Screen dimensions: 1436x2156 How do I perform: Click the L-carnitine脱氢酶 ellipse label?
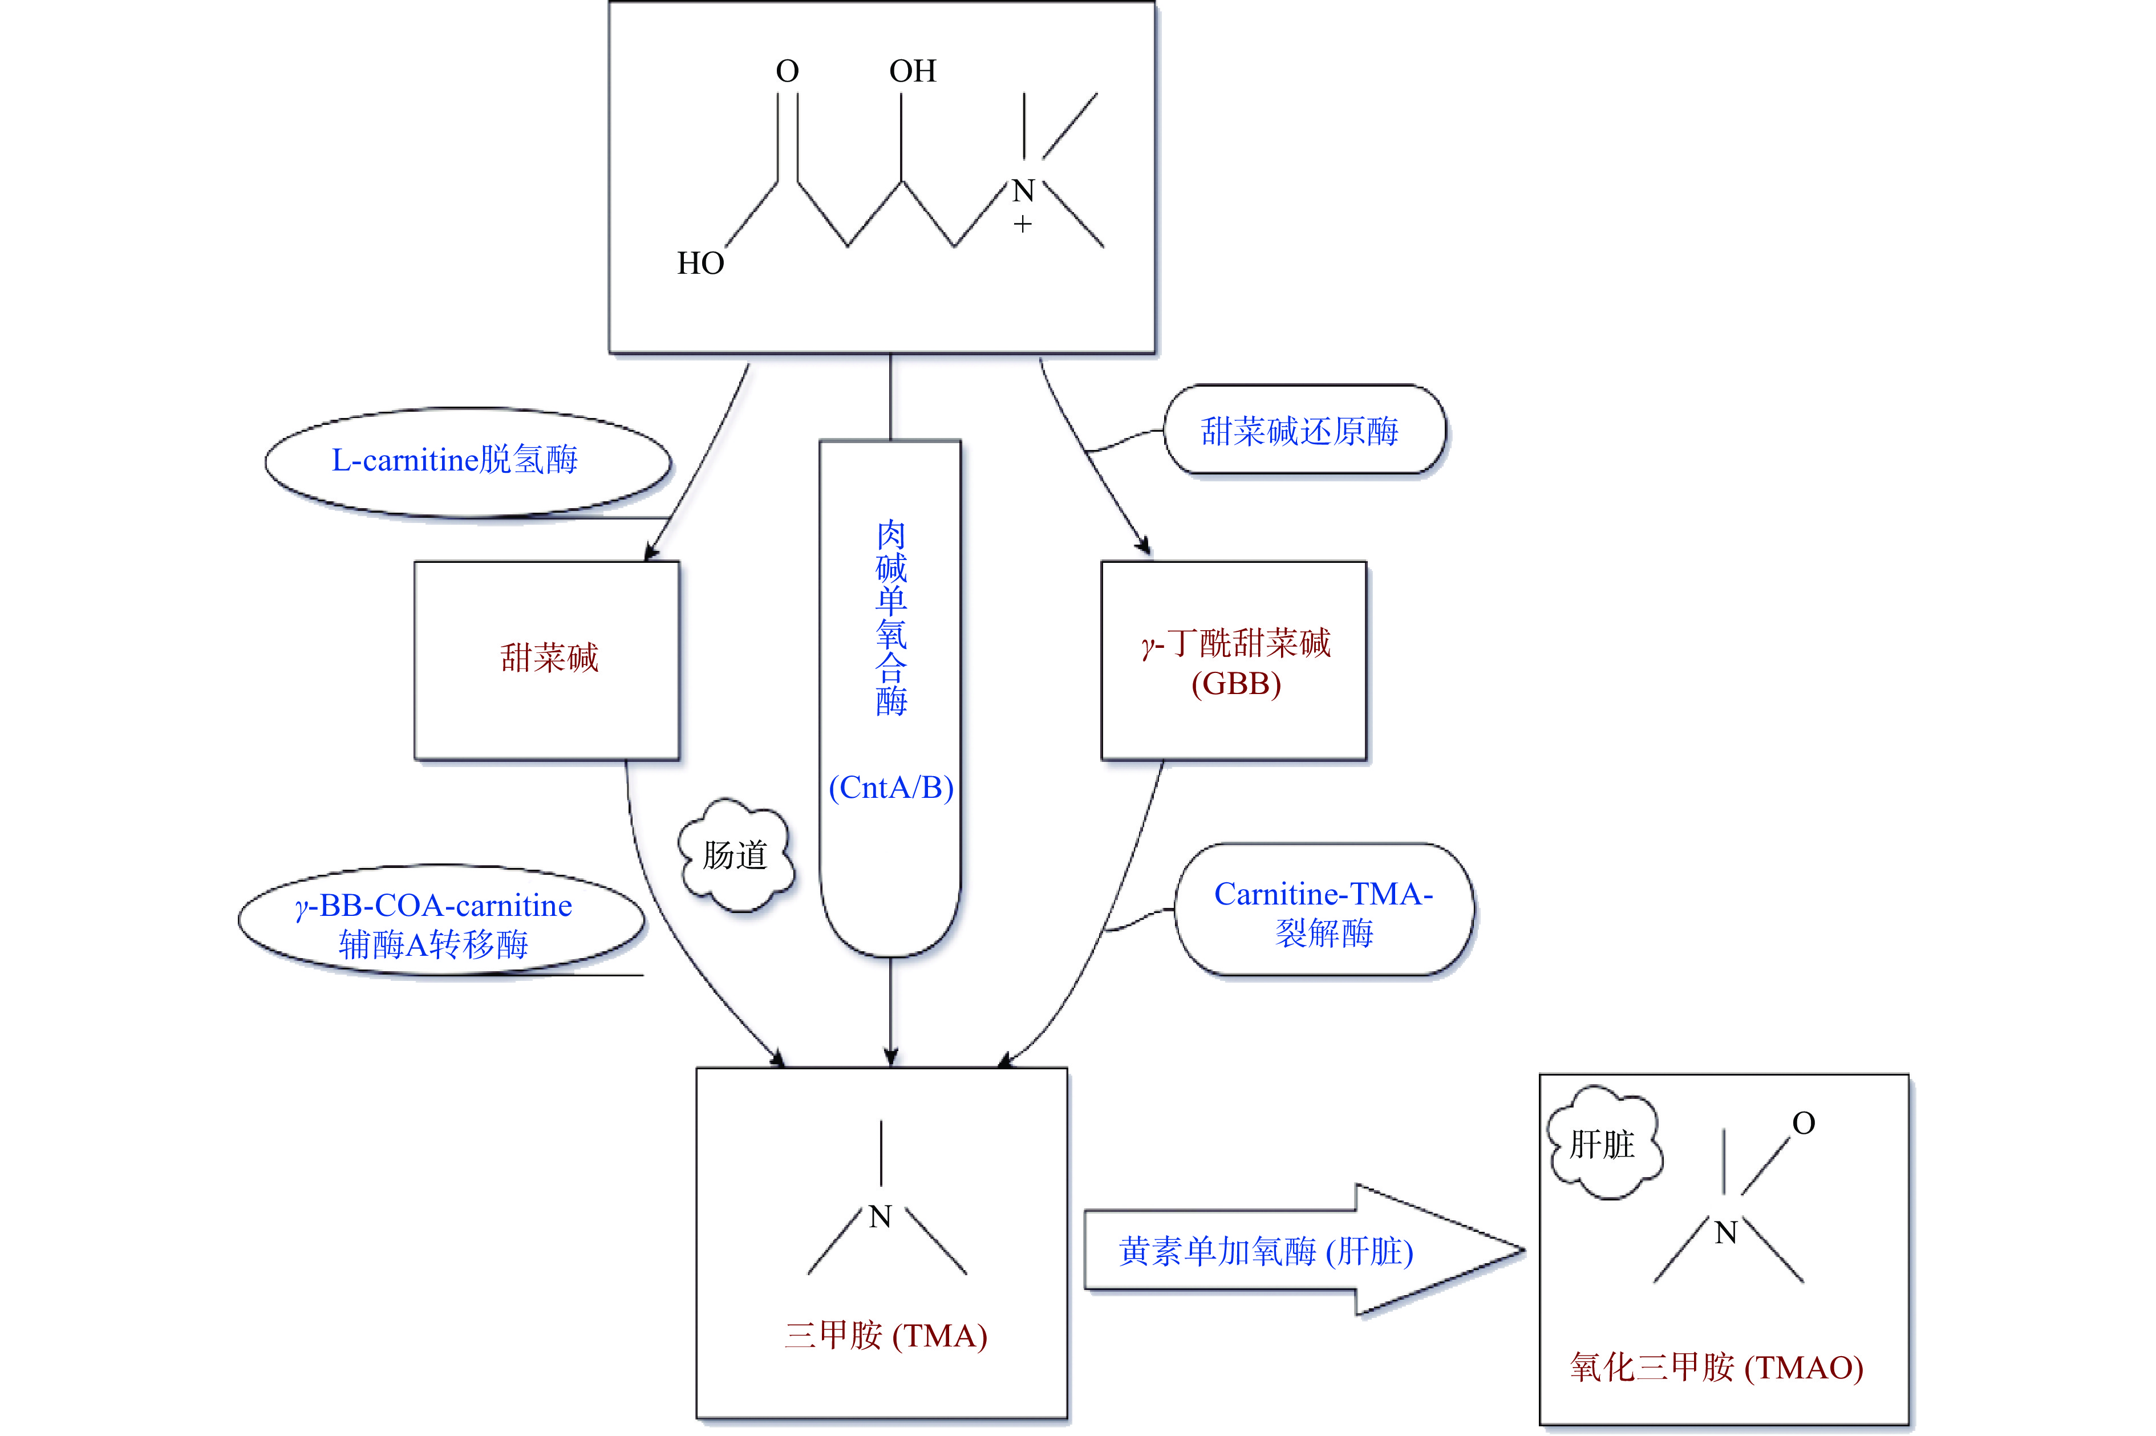pyautogui.click(x=455, y=460)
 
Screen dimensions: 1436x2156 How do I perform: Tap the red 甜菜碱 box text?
pyautogui.click(x=549, y=658)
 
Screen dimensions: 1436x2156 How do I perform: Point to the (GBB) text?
pyautogui.click(x=1235, y=683)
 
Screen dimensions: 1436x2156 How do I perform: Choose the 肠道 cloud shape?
pyautogui.click(x=735, y=855)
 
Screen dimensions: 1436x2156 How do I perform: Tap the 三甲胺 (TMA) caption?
pyautogui.click(x=885, y=1335)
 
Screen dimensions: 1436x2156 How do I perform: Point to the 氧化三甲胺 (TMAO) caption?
pyautogui.click(x=1716, y=1368)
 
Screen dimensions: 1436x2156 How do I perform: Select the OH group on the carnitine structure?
pyautogui.click(x=912, y=71)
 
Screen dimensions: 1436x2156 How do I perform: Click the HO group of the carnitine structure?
pyautogui.click(x=700, y=263)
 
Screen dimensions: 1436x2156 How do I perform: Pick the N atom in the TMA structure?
pyautogui.click(x=880, y=1217)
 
